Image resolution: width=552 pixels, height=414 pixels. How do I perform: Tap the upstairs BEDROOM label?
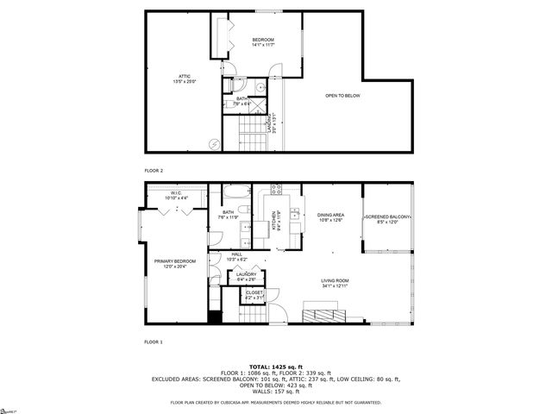click(262, 41)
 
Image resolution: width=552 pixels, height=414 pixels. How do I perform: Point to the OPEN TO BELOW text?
click(342, 96)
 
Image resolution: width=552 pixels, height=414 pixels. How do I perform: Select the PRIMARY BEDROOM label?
click(175, 261)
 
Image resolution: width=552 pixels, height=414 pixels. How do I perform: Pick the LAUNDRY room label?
click(245, 274)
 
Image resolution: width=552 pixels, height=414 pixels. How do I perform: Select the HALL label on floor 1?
click(236, 254)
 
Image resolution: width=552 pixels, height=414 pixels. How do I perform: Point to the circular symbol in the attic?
click(214, 144)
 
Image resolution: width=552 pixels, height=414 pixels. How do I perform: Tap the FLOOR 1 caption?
click(154, 342)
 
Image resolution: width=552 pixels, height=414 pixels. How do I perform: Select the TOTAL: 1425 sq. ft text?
click(276, 366)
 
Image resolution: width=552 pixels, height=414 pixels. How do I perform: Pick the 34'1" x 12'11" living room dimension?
click(335, 285)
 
